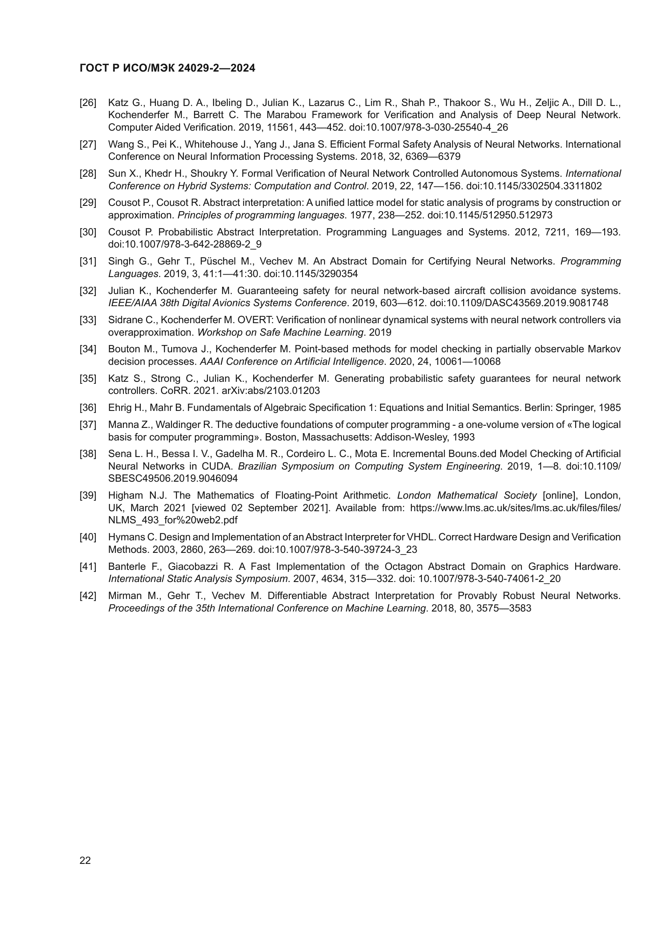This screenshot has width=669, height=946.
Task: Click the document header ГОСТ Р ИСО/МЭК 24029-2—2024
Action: pos(167,68)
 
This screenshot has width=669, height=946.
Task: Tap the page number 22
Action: pos(85,860)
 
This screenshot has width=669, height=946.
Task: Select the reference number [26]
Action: pos(88,103)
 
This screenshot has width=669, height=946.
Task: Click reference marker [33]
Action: pos(88,320)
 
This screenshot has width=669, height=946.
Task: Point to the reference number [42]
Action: pos(88,596)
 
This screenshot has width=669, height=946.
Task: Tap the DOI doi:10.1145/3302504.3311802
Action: pos(534,186)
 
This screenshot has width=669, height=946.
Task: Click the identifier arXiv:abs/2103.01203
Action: pos(271,391)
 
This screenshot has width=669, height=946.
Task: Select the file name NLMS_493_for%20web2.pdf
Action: pos(173,521)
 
